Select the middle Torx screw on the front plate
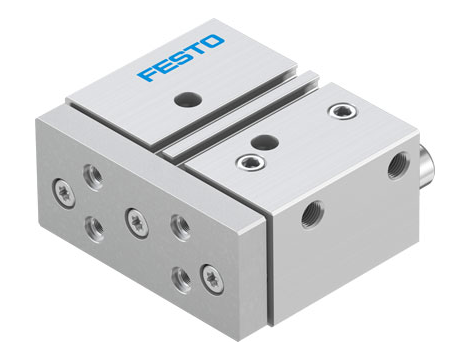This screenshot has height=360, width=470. point(131,216)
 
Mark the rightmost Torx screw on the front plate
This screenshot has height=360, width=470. point(209,272)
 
